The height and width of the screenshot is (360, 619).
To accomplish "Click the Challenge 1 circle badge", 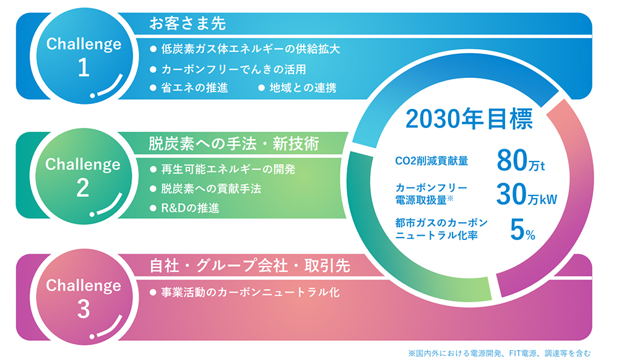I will (x=84, y=56).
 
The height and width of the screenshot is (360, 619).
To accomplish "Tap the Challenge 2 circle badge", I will (x=84, y=176).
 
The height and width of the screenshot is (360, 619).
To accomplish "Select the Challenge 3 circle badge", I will (x=84, y=298).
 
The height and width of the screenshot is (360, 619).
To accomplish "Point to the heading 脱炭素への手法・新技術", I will (x=233, y=144).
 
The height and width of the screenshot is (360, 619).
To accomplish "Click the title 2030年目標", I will (x=469, y=119).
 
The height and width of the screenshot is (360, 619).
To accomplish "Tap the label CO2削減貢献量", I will (x=431, y=161).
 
